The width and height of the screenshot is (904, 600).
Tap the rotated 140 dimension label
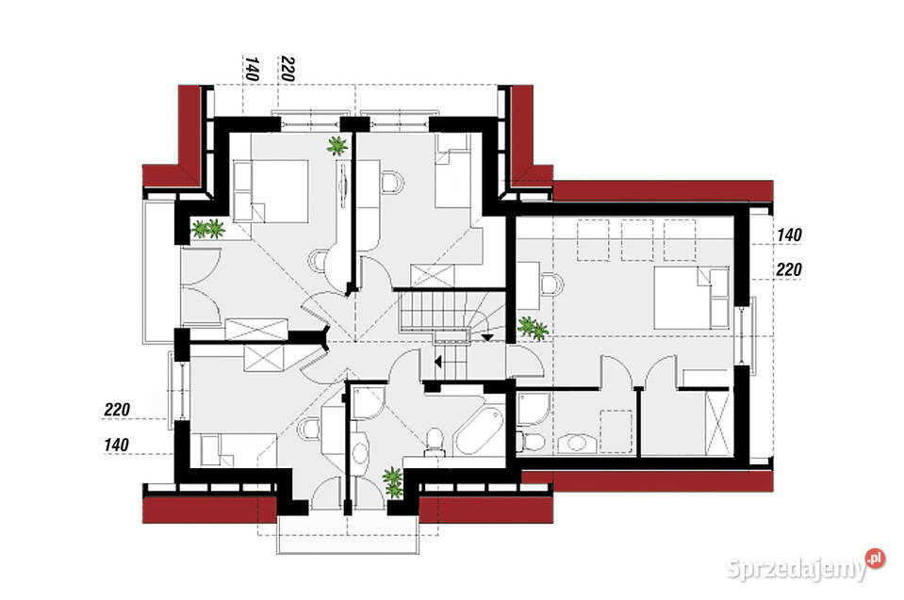(252, 69)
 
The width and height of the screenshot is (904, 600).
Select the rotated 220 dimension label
(287, 69)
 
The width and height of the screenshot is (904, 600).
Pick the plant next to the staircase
(533, 328)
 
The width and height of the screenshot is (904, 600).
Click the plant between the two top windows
(337, 145)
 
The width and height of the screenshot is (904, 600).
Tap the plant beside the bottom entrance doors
(393, 482)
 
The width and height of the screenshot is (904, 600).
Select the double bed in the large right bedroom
(692, 297)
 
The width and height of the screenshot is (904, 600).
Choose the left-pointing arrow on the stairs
(487, 335)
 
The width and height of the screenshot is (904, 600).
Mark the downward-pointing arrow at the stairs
(436, 360)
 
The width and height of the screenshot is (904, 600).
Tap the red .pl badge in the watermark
(876, 558)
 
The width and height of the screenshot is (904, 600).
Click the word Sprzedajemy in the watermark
(797, 569)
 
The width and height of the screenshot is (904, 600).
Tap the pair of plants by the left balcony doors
(207, 228)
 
